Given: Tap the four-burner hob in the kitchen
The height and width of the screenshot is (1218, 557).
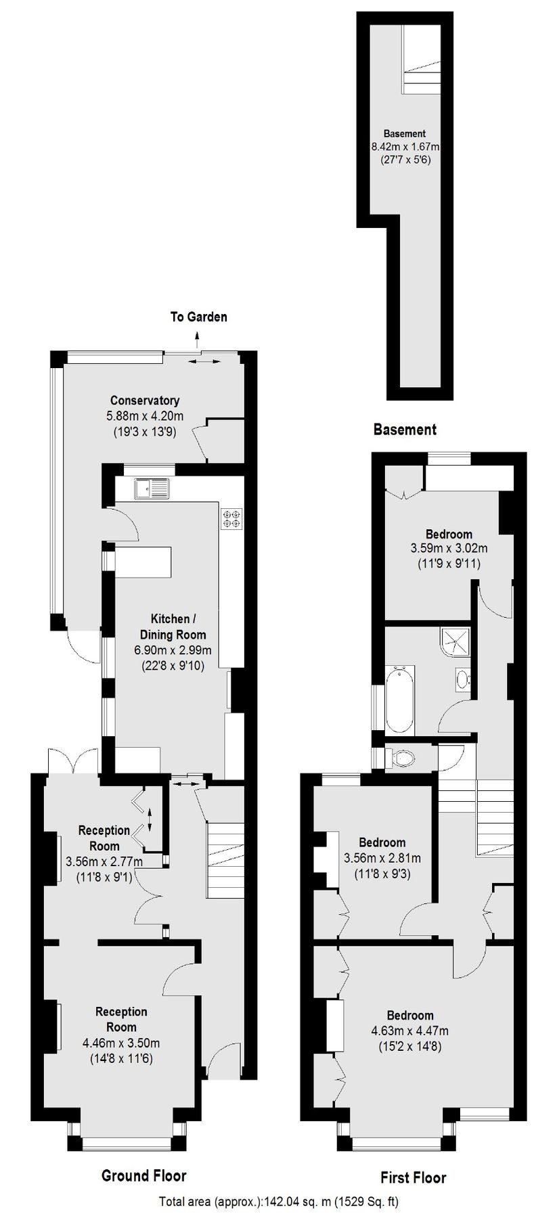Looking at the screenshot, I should click(x=231, y=518).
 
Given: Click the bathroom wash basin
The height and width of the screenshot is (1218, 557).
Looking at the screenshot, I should click(x=463, y=679).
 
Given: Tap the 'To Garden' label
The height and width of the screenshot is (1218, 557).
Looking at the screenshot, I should click(x=198, y=316).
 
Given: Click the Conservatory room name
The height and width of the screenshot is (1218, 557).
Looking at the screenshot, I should click(x=145, y=401).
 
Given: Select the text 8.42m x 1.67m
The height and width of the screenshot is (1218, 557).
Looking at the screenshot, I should click(x=405, y=147).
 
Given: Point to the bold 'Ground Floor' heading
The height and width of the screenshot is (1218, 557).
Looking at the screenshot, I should click(x=143, y=1175).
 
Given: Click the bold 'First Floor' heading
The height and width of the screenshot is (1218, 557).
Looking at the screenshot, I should click(x=413, y=1177).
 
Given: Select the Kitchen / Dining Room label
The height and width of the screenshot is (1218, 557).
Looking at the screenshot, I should click(x=173, y=627).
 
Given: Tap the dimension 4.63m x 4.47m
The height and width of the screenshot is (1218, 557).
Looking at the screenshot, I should click(x=409, y=1031).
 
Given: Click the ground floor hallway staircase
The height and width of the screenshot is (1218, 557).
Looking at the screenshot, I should click(x=224, y=859).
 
